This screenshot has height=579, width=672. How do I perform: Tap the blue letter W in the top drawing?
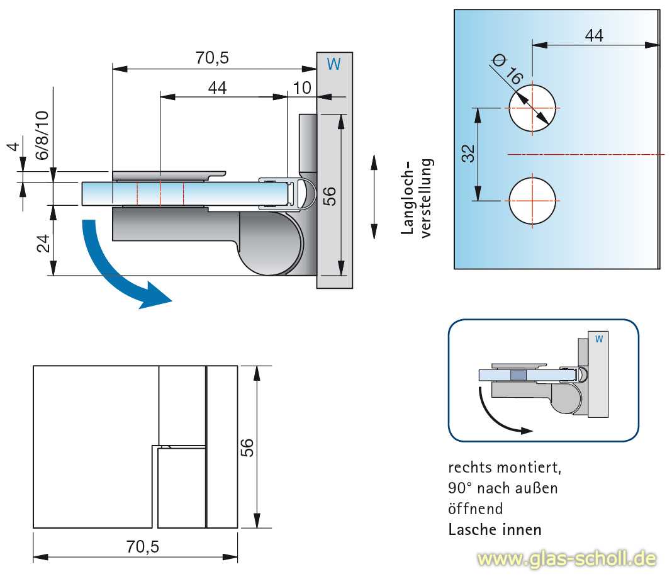pos(334,64)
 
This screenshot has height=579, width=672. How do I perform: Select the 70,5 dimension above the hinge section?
pos(212,59)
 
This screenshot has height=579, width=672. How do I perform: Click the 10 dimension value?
pos(302,87)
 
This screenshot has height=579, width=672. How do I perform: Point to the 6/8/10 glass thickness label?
pos(42,135)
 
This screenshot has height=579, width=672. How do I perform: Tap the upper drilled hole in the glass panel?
pos(532,108)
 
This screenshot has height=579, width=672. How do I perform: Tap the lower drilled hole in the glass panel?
pos(532,201)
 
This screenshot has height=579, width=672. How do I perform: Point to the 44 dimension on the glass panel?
pos(593,36)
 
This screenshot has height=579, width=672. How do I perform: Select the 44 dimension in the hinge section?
pos(216,87)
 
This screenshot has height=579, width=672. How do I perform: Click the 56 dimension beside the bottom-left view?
pos(247,447)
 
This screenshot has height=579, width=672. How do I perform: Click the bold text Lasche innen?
pos(495,529)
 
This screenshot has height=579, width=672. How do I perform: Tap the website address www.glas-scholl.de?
pos(566,558)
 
